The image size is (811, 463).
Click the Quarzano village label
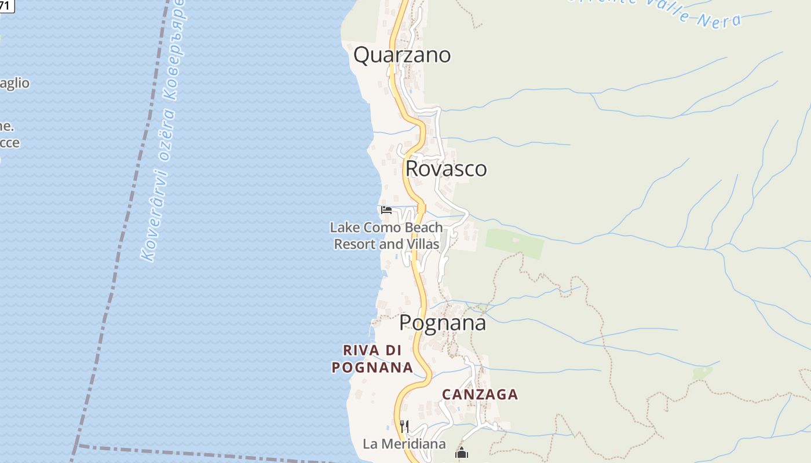tap(402, 55)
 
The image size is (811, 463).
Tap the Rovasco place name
tap(446, 169)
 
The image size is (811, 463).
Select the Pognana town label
tap(443, 323)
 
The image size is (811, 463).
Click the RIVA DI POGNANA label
tap(372, 359)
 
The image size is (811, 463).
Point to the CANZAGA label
tap(480, 395)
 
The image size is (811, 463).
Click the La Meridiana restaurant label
tap(404, 444)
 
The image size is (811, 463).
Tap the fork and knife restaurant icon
tap(404, 427)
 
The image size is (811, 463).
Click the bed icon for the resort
tap(386, 210)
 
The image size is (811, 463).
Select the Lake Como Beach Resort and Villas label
tap(386, 236)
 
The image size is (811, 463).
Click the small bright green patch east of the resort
tap(515, 244)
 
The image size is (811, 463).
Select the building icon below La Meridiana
tap(461, 453)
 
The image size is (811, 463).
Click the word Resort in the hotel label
tap(355, 244)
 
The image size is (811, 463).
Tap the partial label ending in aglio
tap(14, 83)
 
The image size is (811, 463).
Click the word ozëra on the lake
tap(164, 136)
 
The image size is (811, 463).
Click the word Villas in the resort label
tap(422, 244)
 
